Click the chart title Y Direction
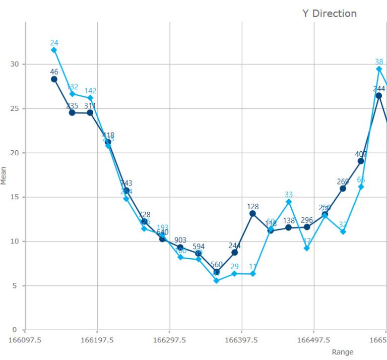330,14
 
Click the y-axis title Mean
4,176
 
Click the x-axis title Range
343,352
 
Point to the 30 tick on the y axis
14,64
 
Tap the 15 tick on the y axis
14,197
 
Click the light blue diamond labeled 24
54,50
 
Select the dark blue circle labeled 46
54,79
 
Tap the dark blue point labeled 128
252,213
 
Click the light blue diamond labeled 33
289,202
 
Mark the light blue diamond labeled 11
252,274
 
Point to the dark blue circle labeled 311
90,113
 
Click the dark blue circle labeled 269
343,189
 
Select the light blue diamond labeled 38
379,69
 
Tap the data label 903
180,240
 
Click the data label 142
90,91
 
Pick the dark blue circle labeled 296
307,227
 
